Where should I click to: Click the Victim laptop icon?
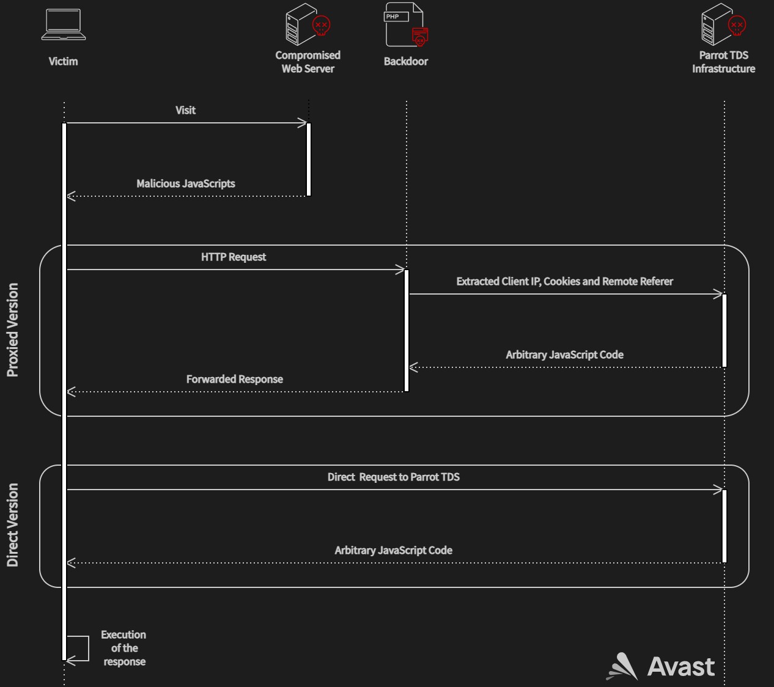tap(63, 25)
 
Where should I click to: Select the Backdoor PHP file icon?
tap(405, 25)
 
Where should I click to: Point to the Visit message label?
tap(185, 111)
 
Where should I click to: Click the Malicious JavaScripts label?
tap(185, 184)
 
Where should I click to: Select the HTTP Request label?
tap(234, 257)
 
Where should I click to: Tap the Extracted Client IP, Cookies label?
tap(564, 282)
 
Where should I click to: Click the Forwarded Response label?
tap(234, 380)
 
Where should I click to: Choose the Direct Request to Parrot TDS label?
tap(393, 477)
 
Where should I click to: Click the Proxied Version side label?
tap(13, 330)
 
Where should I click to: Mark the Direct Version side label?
tap(13, 526)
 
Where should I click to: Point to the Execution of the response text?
tap(124, 648)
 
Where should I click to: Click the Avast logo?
tap(661, 666)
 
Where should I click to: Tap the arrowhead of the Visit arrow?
tap(302, 123)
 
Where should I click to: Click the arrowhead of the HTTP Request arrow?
tap(400, 270)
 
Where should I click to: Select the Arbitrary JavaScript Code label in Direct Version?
tap(393, 551)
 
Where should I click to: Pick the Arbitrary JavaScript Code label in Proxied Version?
tap(564, 355)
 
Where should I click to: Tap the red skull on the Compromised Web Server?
tap(321, 26)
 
